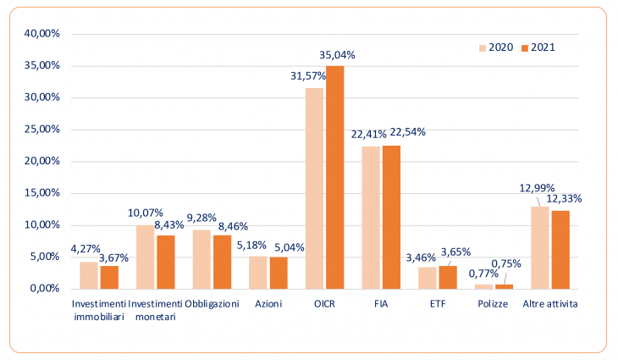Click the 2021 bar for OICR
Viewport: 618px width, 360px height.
pyautogui.click(x=335, y=177)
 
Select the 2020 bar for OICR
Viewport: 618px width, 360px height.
pyautogui.click(x=315, y=189)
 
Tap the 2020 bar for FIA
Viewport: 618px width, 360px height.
pyautogui.click(x=371, y=218)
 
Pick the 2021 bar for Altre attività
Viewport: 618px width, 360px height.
pyautogui.click(x=560, y=250)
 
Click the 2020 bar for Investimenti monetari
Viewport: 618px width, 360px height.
pyautogui.click(x=145, y=258)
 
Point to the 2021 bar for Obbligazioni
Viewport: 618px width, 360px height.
pyautogui.click(x=223, y=263)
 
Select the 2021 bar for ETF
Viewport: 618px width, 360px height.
pyautogui.click(x=448, y=278)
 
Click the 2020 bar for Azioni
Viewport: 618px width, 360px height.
pyautogui.click(x=257, y=273)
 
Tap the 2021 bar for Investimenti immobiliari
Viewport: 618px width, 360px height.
pyautogui.click(x=109, y=278)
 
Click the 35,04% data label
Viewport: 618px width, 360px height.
pyautogui.click(x=337, y=55)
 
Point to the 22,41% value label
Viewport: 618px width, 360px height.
pyautogui.click(x=368, y=135)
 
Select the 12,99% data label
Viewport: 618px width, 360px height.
pyautogui.click(x=537, y=188)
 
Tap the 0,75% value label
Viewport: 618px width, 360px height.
pyautogui.click(x=506, y=263)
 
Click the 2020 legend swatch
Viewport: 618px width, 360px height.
pyautogui.click(x=483, y=48)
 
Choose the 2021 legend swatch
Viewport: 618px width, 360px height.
pyautogui.click(x=525, y=48)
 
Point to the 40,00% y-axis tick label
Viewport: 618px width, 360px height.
pyautogui.click(x=42, y=34)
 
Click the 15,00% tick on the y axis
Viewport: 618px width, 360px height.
pyautogui.click(x=42, y=193)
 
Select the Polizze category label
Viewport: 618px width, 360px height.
pyautogui.click(x=493, y=304)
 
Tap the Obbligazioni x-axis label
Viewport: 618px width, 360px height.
pyautogui.click(x=212, y=304)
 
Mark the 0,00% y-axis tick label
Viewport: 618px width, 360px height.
pyautogui.click(x=45, y=288)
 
